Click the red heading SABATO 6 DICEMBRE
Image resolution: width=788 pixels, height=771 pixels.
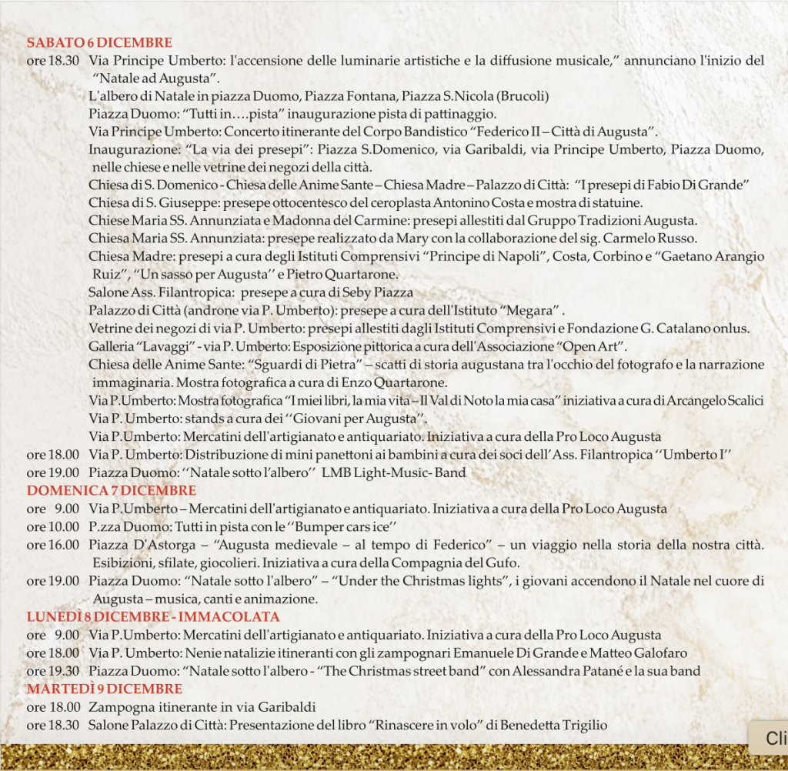click(99, 43)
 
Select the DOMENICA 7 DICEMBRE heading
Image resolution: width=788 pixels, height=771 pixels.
click(112, 490)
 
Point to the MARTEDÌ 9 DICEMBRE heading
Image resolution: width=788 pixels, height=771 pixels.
click(105, 689)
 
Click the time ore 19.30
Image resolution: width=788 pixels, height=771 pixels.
click(52, 671)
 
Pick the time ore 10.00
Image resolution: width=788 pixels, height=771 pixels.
click(52, 527)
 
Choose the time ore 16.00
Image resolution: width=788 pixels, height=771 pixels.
click(52, 545)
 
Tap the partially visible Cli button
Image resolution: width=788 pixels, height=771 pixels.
click(772, 739)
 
